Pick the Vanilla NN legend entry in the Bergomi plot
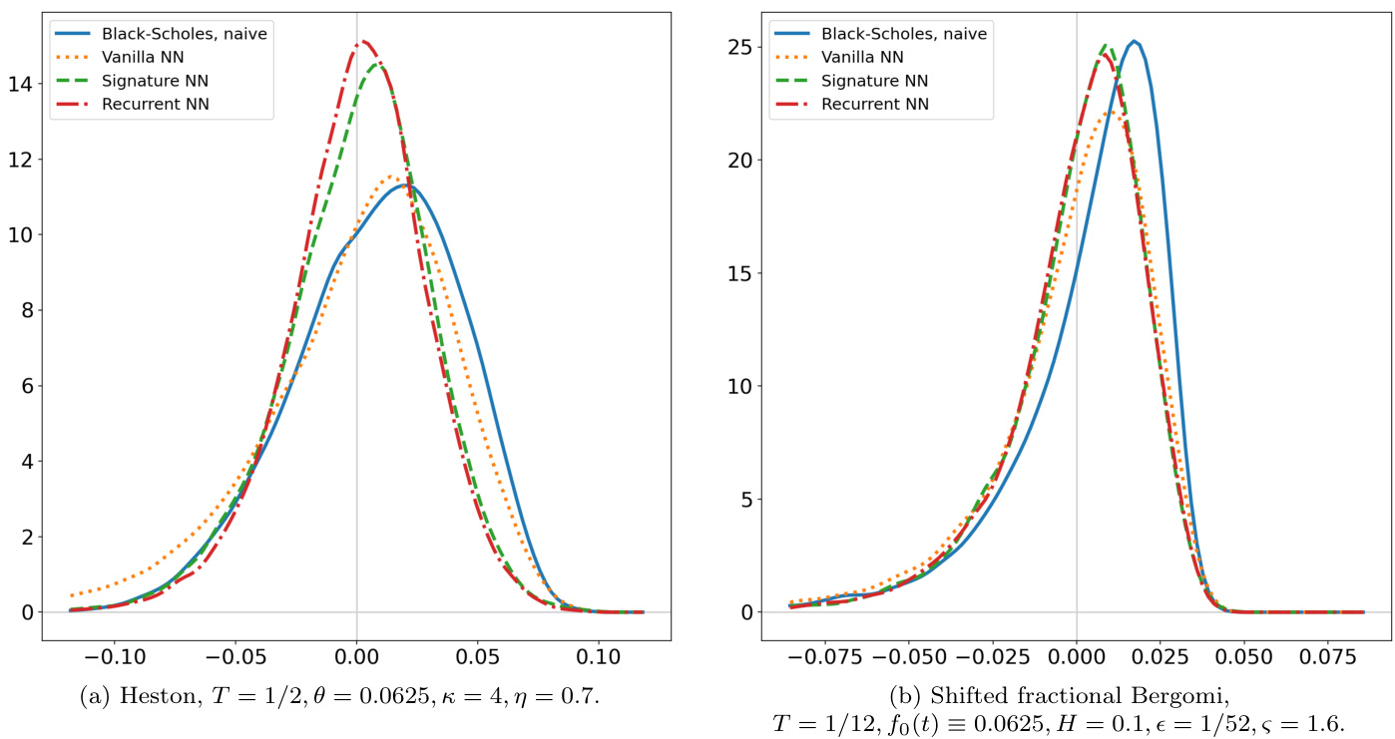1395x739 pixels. point(864,57)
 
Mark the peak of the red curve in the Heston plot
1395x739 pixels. point(362,41)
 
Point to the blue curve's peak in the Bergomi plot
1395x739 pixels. point(1134,41)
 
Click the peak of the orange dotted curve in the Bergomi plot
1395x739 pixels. point(1111,112)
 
